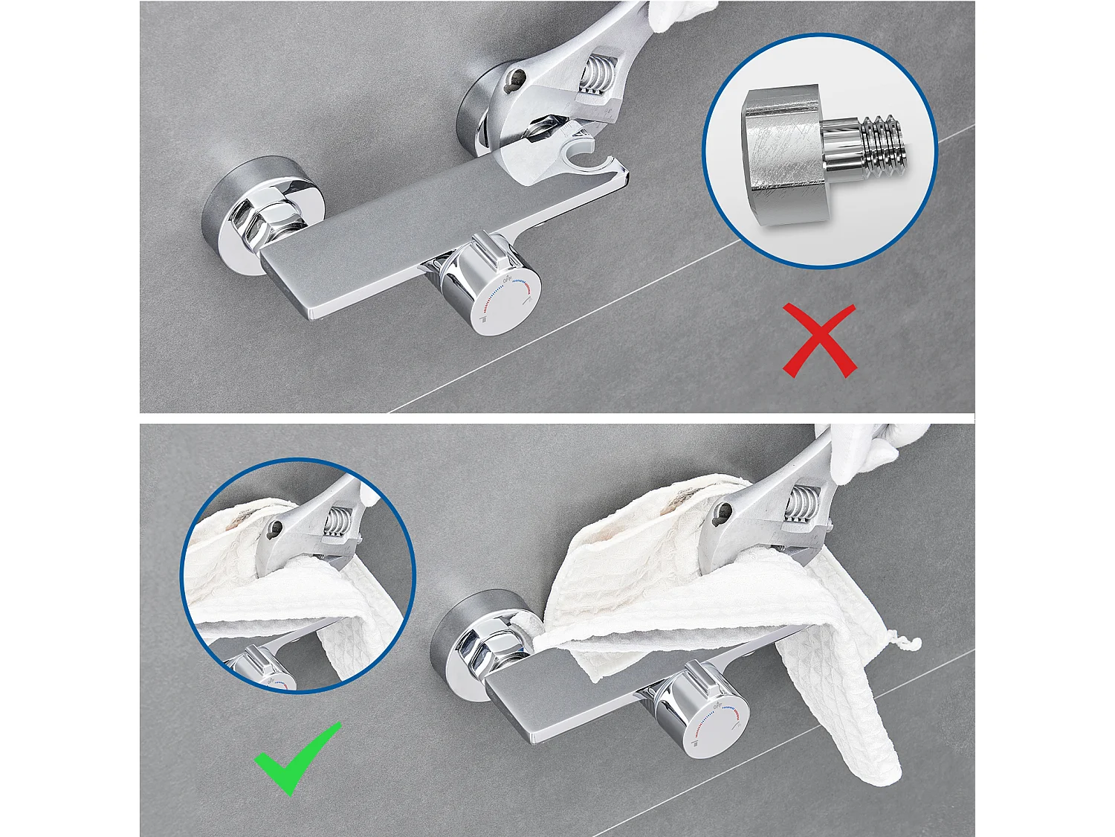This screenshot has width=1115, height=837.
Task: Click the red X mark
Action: [x=819, y=341]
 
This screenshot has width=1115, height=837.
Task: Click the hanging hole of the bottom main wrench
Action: [x=723, y=510]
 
